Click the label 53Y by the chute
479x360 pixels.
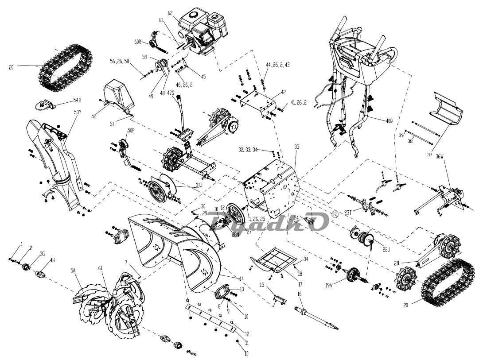[78, 112]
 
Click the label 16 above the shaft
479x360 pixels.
[299, 294]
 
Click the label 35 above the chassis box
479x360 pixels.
[296, 146]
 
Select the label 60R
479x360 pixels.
[137, 42]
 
